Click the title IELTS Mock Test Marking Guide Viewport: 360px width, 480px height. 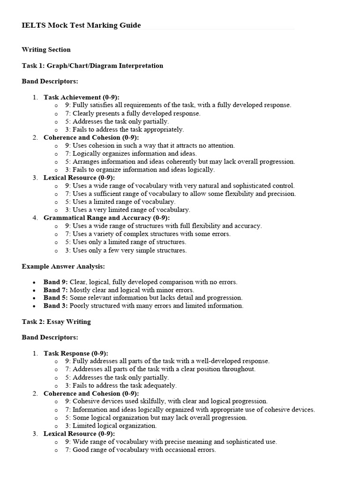click(81, 25)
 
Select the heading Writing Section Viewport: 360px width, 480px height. click(46, 50)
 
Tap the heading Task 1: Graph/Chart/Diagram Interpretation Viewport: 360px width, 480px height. click(92, 66)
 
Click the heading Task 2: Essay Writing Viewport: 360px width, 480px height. click(56, 322)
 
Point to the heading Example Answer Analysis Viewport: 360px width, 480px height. click(63, 266)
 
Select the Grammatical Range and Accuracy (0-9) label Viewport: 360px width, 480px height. click(106, 218)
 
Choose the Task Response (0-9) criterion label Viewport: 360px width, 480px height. click(76, 353)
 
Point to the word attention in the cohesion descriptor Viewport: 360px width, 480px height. click(220, 145)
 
